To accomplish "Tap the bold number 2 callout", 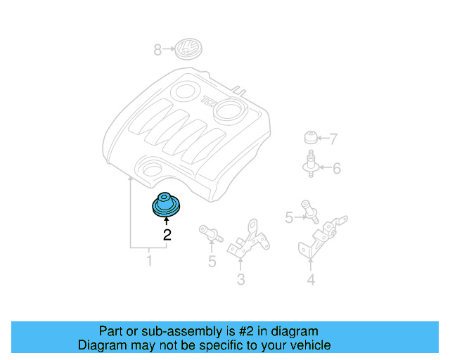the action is click(167, 235).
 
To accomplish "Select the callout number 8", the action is click(157, 49).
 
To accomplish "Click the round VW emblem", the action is click(188, 49).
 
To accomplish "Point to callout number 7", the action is click(333, 139).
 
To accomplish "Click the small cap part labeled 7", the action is click(310, 136).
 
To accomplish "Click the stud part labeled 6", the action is click(309, 165).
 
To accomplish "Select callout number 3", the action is click(240, 281).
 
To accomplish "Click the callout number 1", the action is click(148, 262).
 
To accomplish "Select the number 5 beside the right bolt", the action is click(288, 219).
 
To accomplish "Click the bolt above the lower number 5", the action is click(210, 233).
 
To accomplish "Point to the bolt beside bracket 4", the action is click(309, 210).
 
